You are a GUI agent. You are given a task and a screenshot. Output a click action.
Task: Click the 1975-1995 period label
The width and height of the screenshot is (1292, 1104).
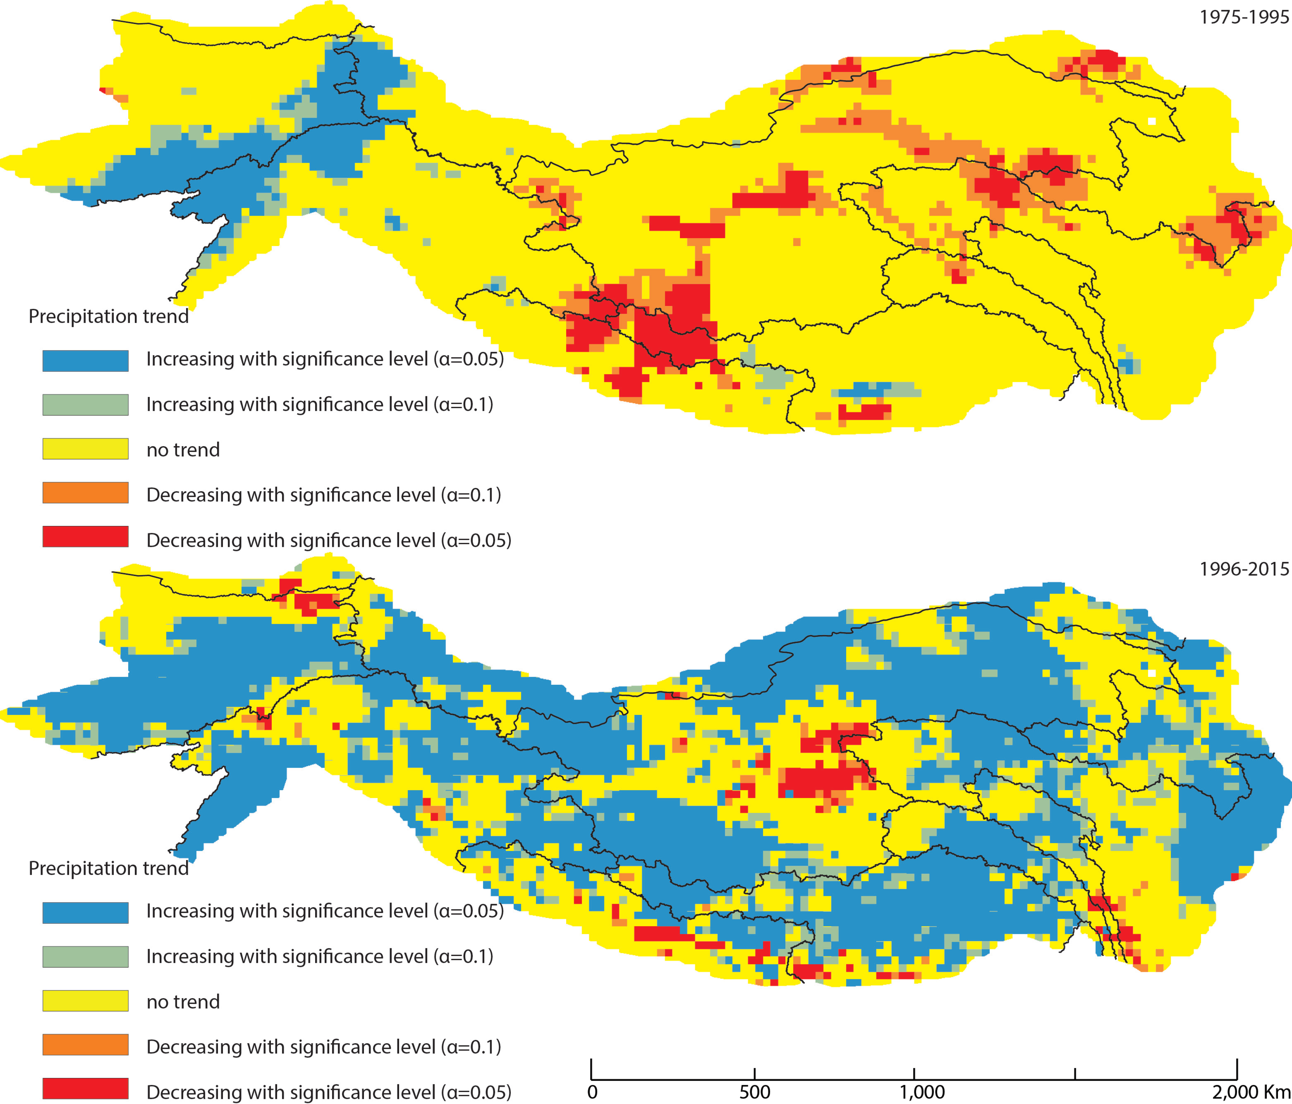[1243, 17]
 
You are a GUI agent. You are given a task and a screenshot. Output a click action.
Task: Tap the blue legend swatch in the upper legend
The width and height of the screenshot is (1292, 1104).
[85, 360]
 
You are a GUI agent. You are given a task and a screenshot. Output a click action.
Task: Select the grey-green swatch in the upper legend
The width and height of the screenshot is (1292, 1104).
[85, 405]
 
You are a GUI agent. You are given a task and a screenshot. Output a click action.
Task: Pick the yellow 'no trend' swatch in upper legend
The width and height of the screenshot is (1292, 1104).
[85, 449]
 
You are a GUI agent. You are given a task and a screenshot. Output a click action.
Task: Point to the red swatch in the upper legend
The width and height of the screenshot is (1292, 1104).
[85, 537]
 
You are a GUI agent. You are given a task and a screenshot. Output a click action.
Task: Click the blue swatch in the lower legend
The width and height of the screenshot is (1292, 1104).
[85, 913]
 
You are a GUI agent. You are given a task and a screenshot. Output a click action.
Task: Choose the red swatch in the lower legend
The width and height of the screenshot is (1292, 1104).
[85, 1088]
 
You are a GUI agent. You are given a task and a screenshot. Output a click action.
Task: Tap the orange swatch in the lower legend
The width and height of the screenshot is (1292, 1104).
[85, 1045]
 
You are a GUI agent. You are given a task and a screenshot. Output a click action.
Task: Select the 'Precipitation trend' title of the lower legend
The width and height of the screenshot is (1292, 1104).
[108, 868]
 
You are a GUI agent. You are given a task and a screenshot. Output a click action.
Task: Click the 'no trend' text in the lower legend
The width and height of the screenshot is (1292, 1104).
[183, 1002]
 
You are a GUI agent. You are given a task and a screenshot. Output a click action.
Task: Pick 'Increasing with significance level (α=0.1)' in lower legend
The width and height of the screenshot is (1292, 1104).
[319, 956]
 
